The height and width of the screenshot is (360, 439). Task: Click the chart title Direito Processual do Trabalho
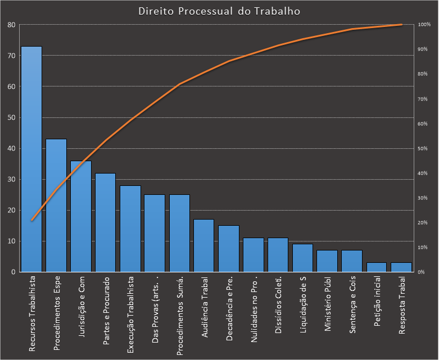[219, 11]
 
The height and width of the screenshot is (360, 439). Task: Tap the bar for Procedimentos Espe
[56, 206]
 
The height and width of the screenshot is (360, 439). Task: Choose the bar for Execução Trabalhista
[130, 229]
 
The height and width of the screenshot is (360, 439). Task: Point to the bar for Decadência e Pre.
[229, 249]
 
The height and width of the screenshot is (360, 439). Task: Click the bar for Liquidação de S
[302, 258]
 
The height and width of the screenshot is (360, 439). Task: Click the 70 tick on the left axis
[11, 56]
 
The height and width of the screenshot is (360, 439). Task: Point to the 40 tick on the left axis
[11, 149]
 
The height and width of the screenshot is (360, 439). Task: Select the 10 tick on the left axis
[11, 241]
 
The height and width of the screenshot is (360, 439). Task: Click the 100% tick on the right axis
[424, 25]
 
